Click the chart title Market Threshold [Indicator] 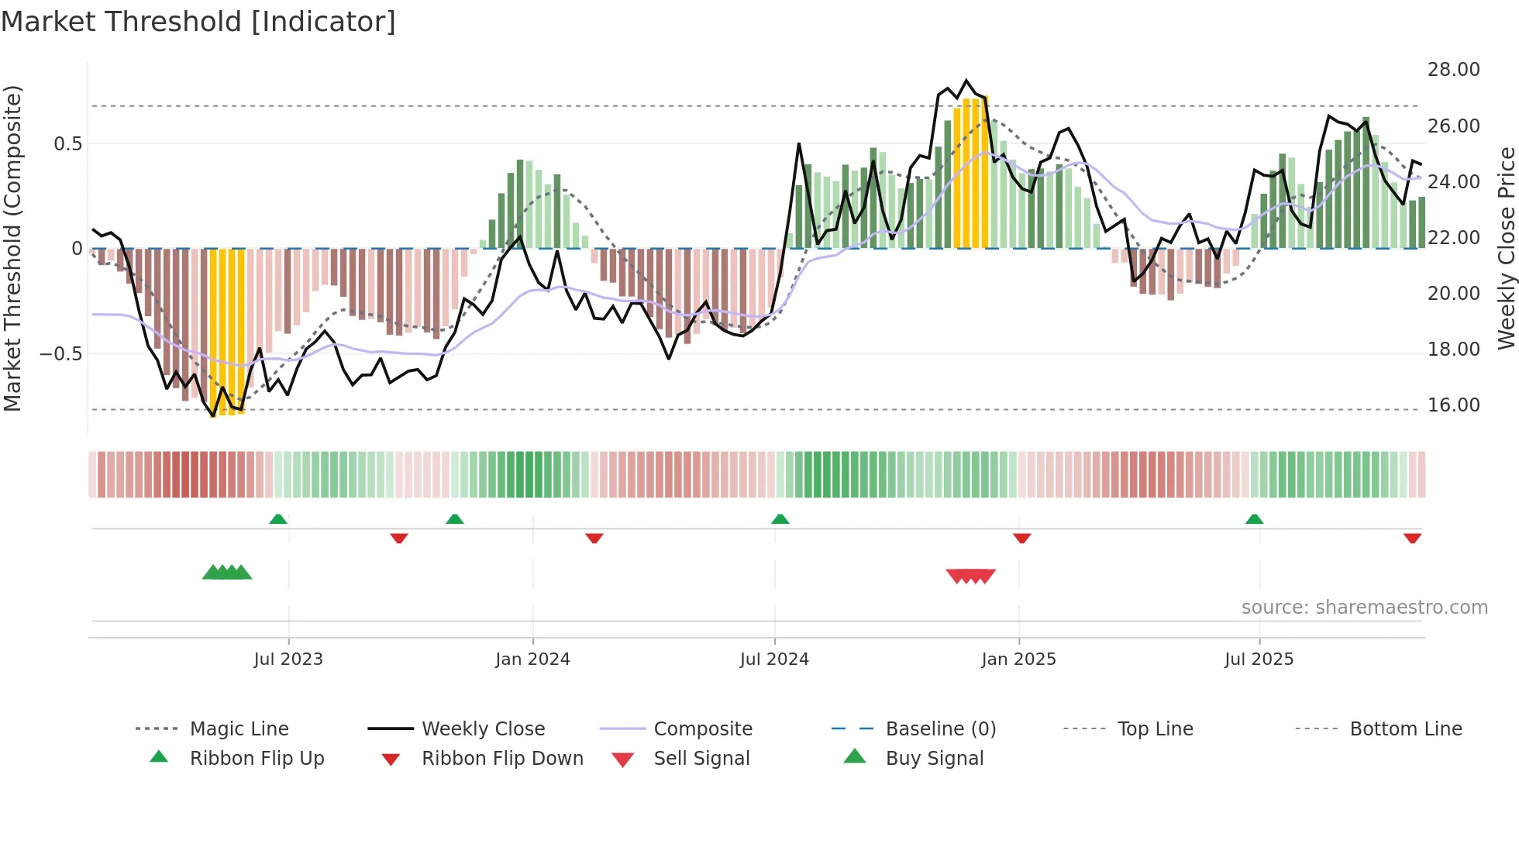tap(198, 22)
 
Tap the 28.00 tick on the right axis tap(1453, 70)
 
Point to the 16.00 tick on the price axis tap(1453, 405)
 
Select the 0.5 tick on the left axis tap(67, 144)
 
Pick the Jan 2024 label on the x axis tap(532, 659)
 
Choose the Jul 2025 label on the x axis tap(1259, 659)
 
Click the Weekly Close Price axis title tap(1506, 248)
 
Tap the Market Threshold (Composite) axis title tap(12, 248)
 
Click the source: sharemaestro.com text tap(1364, 608)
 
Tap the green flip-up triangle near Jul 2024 tap(780, 519)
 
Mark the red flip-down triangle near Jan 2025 tap(1021, 538)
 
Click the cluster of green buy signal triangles tap(227, 573)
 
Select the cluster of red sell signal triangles tap(970, 576)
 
